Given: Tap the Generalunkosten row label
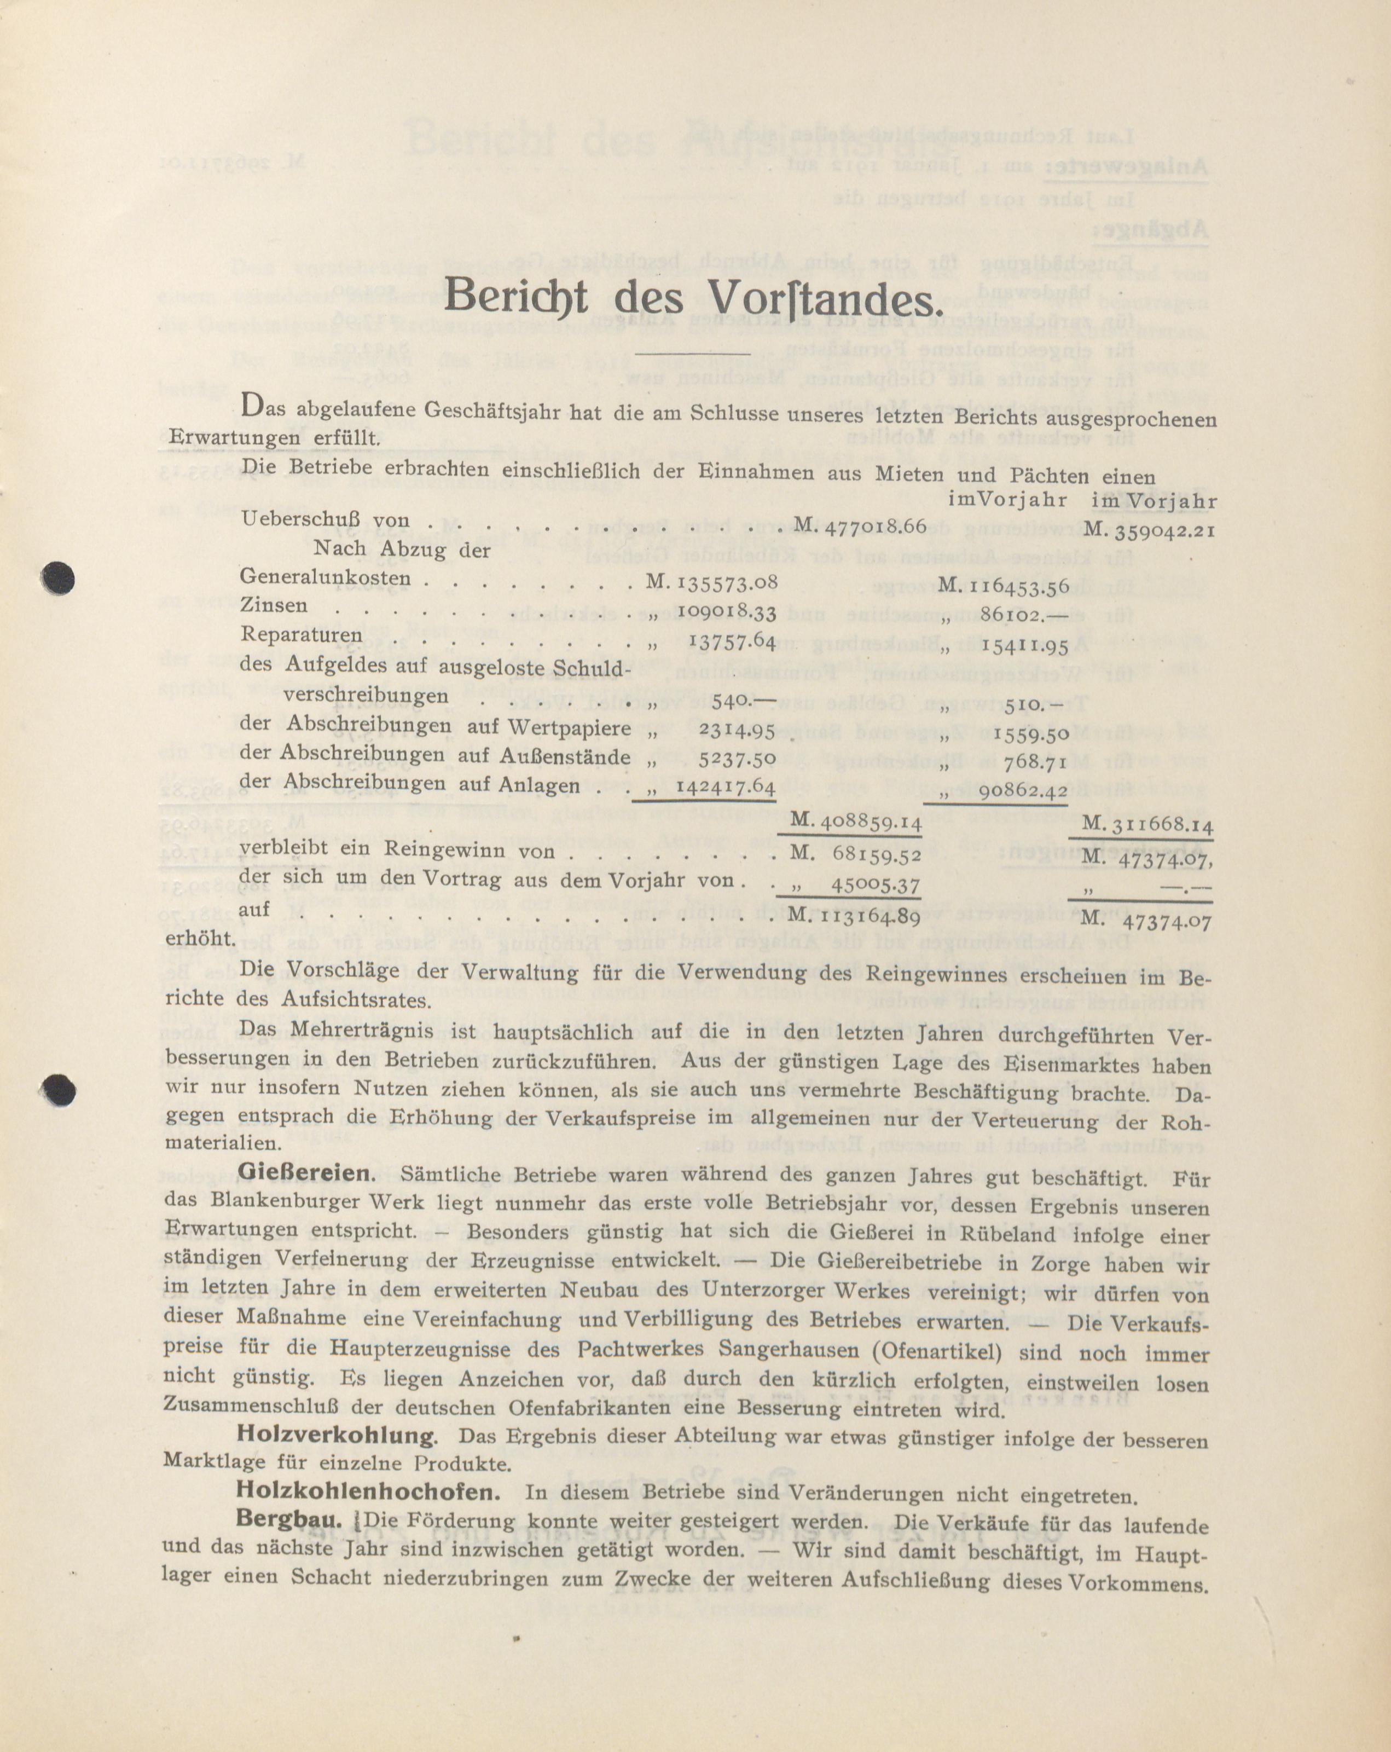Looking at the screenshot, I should click(x=325, y=580).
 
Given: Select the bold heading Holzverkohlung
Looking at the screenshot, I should click(x=335, y=1435).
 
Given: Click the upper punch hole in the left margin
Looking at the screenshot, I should click(x=59, y=579).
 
